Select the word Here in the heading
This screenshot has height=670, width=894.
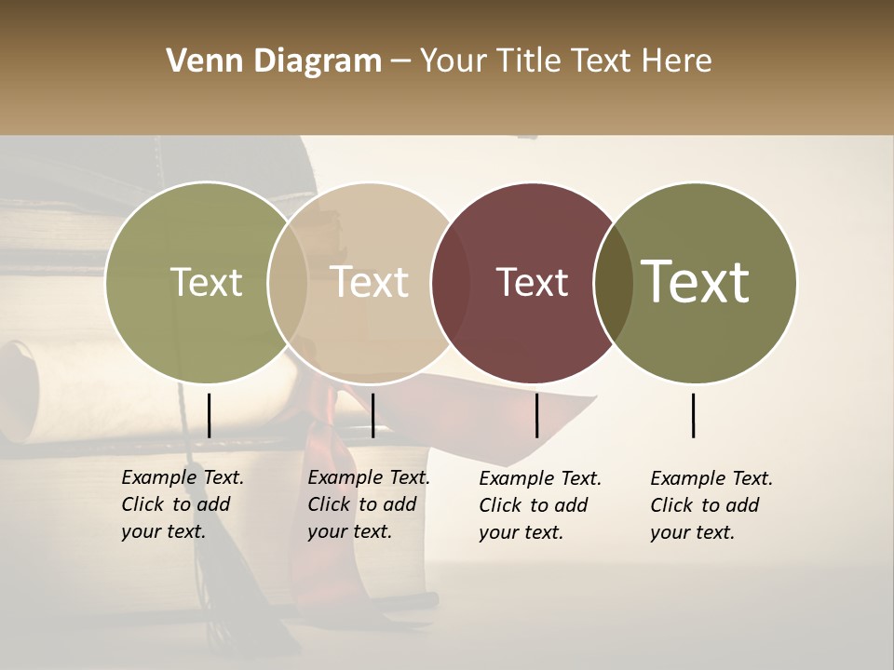point(680,61)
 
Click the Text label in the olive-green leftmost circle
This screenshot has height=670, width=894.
point(206,282)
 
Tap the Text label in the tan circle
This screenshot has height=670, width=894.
point(370,282)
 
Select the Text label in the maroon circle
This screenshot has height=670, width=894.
point(532,282)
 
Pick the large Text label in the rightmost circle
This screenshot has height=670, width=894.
point(696,282)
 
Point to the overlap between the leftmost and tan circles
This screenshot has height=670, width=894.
point(288,282)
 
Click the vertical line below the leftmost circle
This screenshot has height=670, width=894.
point(209,415)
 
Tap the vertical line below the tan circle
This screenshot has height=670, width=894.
point(372,415)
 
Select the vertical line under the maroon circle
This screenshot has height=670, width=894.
point(536,415)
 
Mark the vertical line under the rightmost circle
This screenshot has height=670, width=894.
point(693,415)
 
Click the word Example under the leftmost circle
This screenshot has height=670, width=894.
point(159,478)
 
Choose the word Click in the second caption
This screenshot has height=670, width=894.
point(328,504)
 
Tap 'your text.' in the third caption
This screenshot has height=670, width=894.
point(521,532)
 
